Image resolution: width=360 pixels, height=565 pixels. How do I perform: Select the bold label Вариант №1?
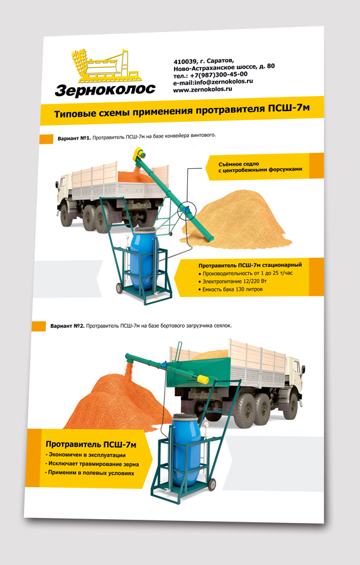pyautogui.click(x=74, y=138)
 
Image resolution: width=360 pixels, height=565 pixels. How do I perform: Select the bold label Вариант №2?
pyautogui.click(x=67, y=326)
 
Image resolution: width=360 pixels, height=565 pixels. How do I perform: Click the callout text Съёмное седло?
pyautogui.click(x=239, y=164)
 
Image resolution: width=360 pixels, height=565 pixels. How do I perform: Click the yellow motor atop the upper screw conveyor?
pyautogui.click(x=138, y=154)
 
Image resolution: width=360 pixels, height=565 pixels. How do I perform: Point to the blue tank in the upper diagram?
pyautogui.click(x=143, y=257)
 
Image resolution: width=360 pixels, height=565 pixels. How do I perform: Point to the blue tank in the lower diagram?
pyautogui.click(x=186, y=449)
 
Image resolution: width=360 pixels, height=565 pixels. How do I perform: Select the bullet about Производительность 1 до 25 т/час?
pyautogui.click(x=245, y=274)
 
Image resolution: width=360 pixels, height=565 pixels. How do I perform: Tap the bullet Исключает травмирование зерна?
pyautogui.click(x=92, y=464)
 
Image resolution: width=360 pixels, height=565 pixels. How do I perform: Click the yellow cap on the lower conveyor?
pyautogui.click(x=203, y=379)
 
